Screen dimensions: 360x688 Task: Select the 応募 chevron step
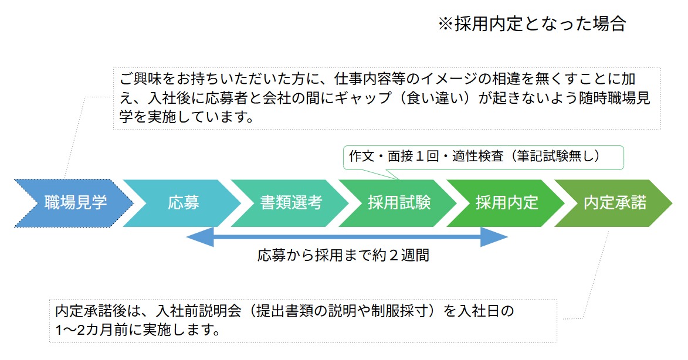click(184, 203)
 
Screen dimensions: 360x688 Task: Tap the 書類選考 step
click(292, 203)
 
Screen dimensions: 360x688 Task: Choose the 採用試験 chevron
click(399, 203)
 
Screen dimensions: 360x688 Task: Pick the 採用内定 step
click(507, 203)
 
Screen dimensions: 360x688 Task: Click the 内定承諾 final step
click(615, 203)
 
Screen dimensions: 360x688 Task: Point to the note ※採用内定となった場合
click(532, 24)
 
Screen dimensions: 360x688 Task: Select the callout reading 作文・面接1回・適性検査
click(481, 157)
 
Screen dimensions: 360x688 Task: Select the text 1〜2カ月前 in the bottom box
click(98, 330)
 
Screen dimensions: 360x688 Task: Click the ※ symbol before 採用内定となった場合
click(446, 24)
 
